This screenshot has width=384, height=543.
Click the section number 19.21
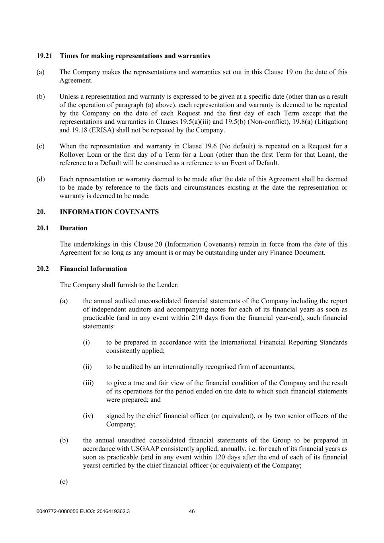tap(45, 56)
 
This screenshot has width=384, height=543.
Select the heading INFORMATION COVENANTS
tap(109, 212)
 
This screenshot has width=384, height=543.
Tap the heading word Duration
tap(74, 228)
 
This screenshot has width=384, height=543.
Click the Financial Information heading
tap(94, 269)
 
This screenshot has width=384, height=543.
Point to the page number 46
tap(192, 512)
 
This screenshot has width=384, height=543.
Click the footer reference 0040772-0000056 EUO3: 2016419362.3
tap(83, 512)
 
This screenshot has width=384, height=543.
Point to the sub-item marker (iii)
tap(88, 383)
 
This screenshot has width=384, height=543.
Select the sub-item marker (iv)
tap(88, 416)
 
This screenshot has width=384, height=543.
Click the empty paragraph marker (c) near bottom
tap(64, 482)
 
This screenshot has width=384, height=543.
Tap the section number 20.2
tap(43, 269)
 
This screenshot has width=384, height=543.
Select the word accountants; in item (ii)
tap(277, 367)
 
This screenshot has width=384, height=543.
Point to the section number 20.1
tap(43, 228)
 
